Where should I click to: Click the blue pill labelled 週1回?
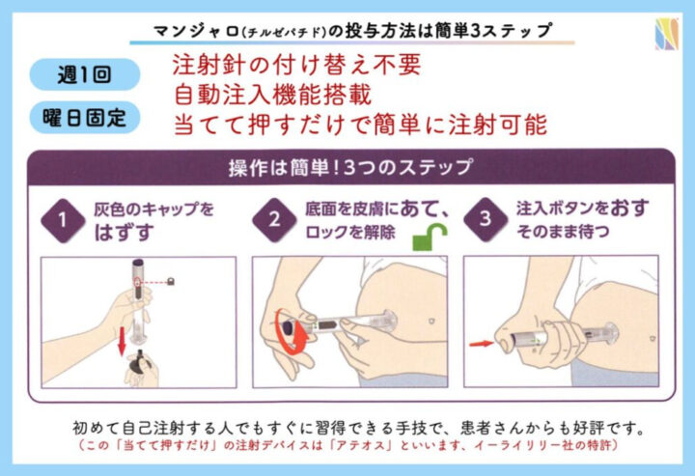(85, 74)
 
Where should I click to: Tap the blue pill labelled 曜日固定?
(85, 118)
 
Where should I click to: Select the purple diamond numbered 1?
(63, 220)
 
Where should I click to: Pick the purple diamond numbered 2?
(274, 220)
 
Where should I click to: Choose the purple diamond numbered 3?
(486, 219)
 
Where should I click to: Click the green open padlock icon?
(430, 237)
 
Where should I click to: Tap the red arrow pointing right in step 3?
(482, 344)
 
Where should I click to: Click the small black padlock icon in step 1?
(170, 281)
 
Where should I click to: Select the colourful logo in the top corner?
(667, 34)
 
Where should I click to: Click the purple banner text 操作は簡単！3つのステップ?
(350, 168)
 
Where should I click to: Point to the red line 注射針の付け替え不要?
(296, 65)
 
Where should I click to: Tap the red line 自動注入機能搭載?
(272, 95)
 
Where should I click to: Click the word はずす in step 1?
(124, 233)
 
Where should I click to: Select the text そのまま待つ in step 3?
(563, 232)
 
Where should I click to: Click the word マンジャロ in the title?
(196, 31)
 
